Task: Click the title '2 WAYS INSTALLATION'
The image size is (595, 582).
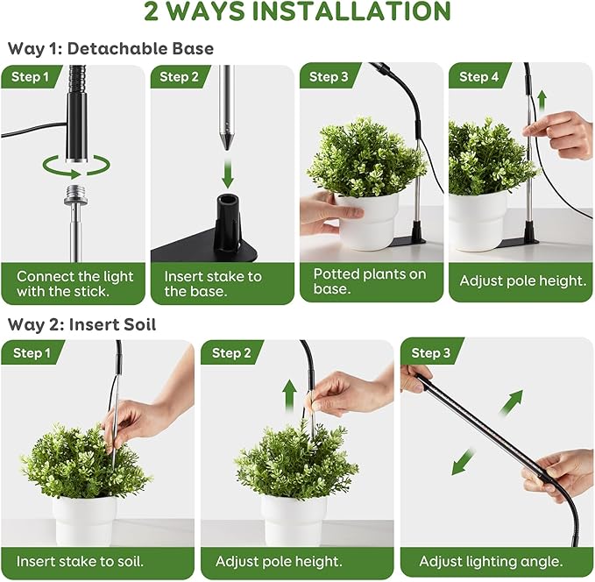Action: (297, 12)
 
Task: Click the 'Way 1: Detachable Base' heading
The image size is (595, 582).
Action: (110, 48)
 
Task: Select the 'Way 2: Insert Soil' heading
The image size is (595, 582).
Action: (81, 324)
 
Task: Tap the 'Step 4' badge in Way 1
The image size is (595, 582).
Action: (478, 76)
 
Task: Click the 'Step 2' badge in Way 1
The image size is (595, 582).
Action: (179, 76)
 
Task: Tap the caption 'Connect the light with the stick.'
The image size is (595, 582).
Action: (74, 283)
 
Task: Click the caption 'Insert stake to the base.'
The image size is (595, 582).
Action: (213, 283)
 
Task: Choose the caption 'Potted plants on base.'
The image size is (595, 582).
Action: (370, 281)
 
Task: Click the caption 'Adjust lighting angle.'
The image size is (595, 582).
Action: (491, 561)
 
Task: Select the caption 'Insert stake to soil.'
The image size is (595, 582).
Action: (81, 561)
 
